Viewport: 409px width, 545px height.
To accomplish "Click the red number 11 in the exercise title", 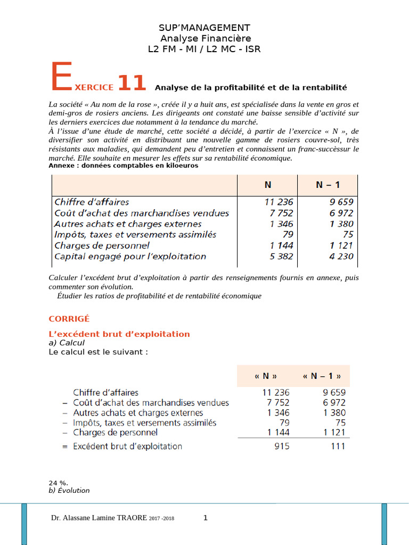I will [131, 84].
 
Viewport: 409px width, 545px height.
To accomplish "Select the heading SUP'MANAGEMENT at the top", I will [204, 27].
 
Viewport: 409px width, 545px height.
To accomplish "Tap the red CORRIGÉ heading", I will [69, 319].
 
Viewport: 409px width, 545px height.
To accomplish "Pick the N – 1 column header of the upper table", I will [328, 185].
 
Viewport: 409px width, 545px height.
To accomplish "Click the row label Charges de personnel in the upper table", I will [102, 245].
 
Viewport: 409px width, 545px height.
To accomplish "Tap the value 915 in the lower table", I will [282, 447].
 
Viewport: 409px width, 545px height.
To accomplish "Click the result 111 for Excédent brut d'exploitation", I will [338, 447].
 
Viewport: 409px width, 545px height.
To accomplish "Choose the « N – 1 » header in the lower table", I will [322, 376].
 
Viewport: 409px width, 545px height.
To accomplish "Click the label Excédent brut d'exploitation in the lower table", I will [127, 447].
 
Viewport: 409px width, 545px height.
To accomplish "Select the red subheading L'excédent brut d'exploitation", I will [119, 334].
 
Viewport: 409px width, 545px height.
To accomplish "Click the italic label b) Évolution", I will [69, 491].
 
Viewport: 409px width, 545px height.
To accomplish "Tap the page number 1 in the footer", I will [205, 517].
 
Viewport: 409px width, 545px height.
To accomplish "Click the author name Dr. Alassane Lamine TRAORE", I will [99, 518].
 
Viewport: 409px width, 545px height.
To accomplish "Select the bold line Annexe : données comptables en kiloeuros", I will [123, 166].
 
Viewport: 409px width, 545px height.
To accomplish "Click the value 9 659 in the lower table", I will [333, 392].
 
